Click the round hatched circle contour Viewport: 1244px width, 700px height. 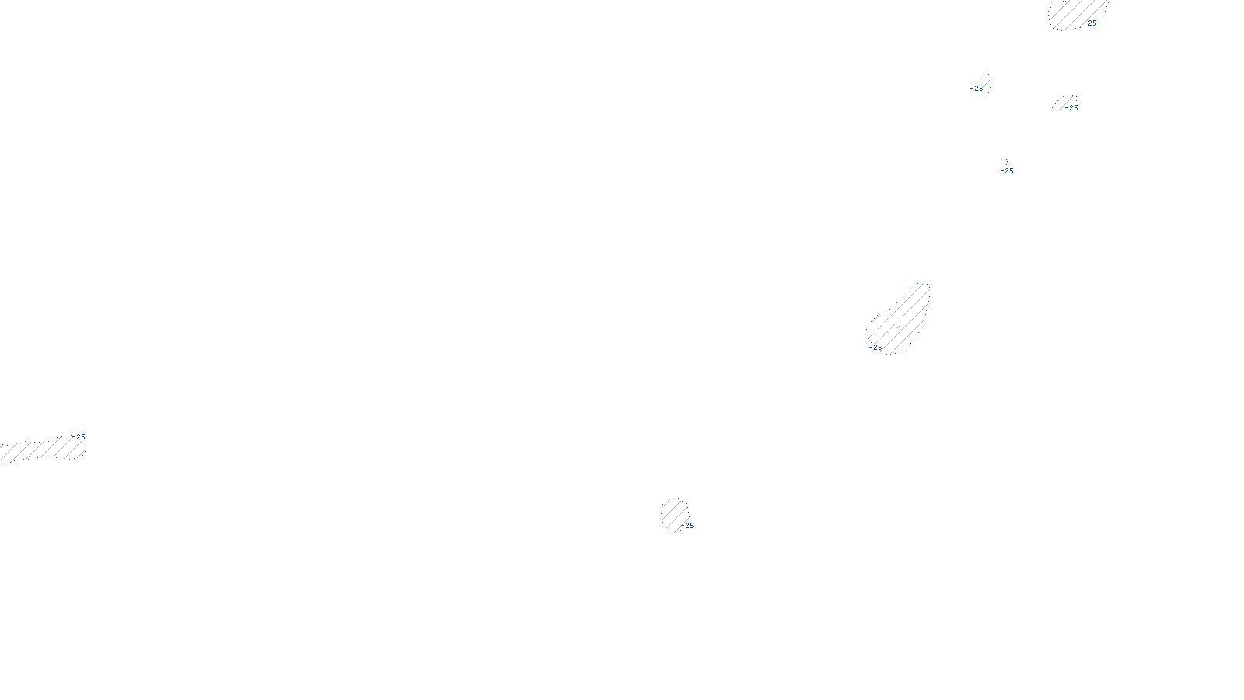674,515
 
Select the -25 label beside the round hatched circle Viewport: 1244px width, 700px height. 689,526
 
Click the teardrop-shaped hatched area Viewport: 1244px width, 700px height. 902,320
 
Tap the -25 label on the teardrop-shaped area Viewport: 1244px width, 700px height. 875,347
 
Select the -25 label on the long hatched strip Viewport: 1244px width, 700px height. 80,437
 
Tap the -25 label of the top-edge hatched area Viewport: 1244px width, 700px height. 1092,23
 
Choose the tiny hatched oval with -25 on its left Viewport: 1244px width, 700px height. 984,82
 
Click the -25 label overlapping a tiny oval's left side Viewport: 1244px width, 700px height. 977,89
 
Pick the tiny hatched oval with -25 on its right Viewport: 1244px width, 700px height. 1063,103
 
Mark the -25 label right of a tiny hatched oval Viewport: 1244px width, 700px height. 1073,108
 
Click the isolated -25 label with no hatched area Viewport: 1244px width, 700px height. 1007,171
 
